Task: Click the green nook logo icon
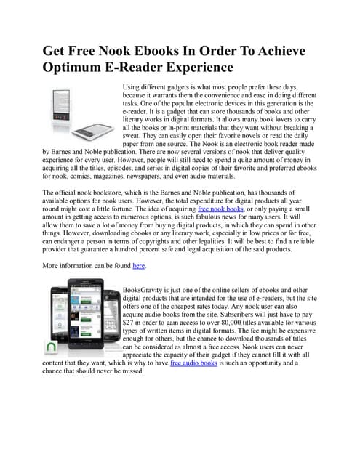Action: [x=53, y=345]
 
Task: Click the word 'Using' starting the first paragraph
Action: [x=133, y=86]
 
